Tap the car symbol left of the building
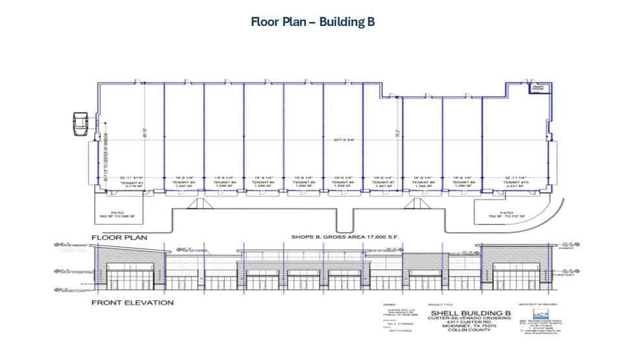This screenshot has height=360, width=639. pos(80,123)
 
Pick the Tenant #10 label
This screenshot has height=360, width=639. pos(513,183)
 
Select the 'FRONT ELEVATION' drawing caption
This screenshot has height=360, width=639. pos(132,303)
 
